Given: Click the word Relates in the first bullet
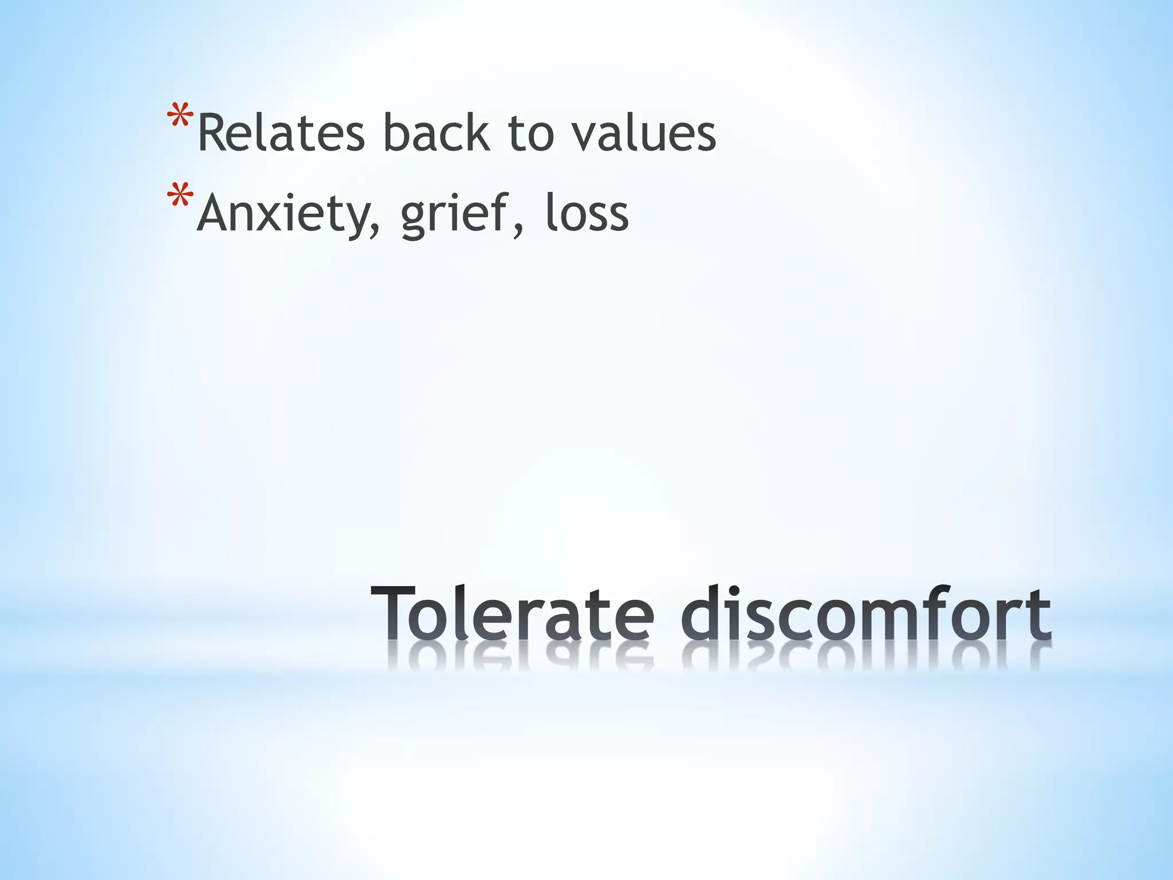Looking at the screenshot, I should point(281,133).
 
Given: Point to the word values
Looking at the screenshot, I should point(645,133).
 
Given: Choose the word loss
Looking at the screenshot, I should point(586,213).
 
